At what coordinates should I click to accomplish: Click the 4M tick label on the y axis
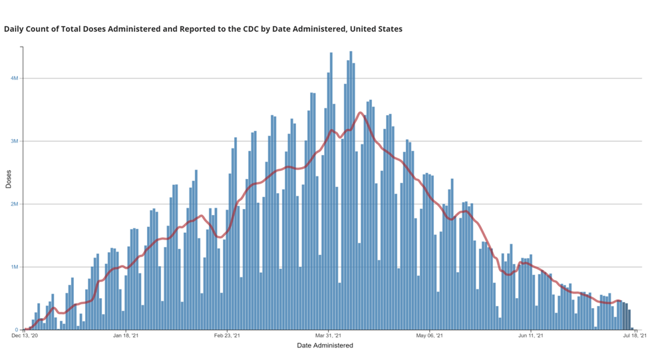tap(14, 79)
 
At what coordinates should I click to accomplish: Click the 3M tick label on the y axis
tap(14, 141)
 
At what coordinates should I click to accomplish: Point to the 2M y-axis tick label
tap(14, 204)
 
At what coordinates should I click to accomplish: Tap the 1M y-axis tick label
tap(14, 267)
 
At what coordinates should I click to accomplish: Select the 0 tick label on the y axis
tap(16, 330)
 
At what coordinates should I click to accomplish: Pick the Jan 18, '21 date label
tap(126, 337)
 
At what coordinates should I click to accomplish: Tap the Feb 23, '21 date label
tap(227, 337)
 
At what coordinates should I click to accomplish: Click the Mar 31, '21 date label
tap(329, 337)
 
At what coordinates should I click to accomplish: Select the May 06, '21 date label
tap(430, 337)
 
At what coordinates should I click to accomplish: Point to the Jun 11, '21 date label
tap(531, 337)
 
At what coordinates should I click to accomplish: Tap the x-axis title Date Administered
tap(325, 345)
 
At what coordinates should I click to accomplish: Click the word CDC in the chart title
tap(254, 29)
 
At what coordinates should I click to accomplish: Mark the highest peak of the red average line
tap(360, 112)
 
